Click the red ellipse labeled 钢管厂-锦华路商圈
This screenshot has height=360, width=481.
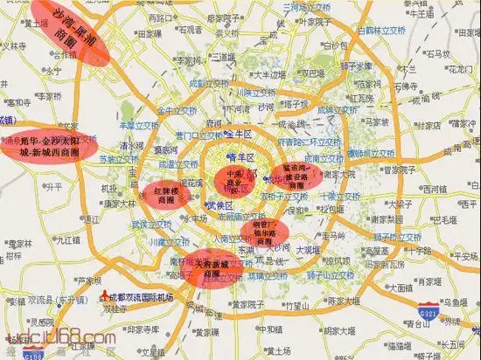point(268,232)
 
